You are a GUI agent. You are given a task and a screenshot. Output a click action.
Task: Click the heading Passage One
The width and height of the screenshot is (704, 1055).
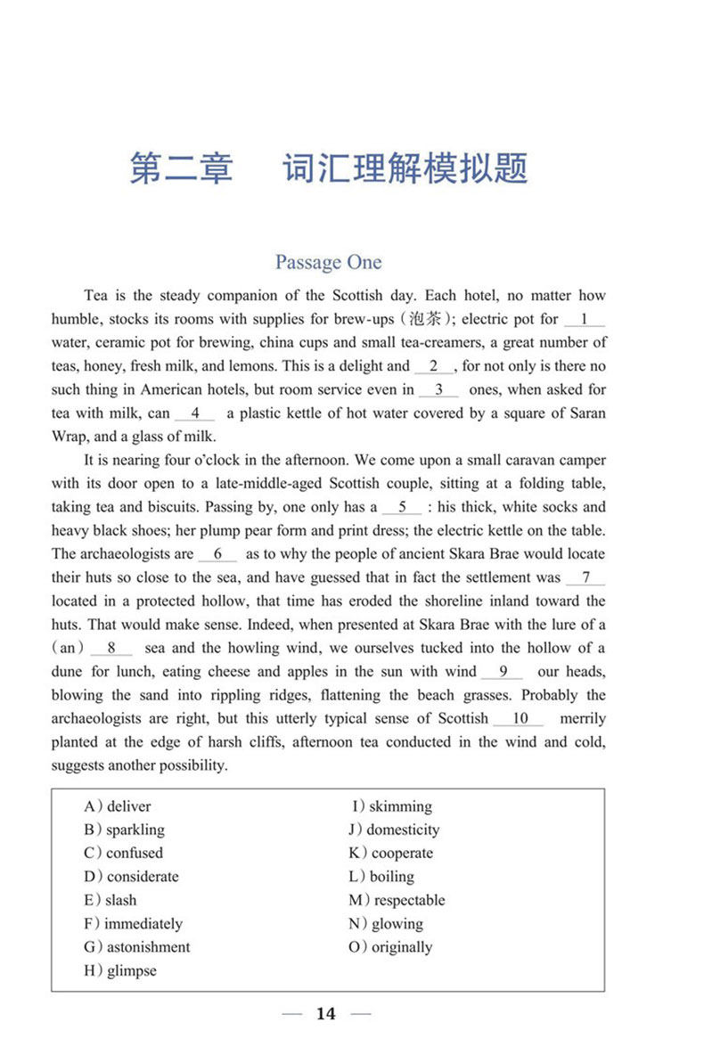(328, 262)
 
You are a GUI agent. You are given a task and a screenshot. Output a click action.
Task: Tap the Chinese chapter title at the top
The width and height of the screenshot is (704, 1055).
(328, 168)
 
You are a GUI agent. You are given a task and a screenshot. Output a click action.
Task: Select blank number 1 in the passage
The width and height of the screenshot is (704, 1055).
(584, 319)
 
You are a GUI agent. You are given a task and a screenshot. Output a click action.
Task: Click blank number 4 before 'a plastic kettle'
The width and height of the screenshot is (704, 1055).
(195, 413)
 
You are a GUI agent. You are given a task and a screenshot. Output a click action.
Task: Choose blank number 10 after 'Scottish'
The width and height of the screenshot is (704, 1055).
(521, 718)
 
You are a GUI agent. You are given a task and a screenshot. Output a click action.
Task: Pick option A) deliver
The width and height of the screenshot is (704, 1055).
(118, 806)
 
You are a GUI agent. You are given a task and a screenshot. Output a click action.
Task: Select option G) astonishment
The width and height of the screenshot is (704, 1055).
(137, 947)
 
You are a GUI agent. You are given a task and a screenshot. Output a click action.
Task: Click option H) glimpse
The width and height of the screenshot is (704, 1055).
(120, 970)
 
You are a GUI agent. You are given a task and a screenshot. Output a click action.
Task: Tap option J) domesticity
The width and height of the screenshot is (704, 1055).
(394, 830)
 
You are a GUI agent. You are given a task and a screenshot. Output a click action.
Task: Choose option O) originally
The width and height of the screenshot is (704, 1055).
(390, 947)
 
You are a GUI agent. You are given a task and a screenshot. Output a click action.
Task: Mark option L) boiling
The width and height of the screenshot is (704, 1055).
(381, 877)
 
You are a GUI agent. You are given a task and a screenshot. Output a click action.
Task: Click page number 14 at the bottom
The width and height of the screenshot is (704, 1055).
(326, 1014)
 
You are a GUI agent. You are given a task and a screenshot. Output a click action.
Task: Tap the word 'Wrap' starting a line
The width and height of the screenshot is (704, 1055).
(70, 437)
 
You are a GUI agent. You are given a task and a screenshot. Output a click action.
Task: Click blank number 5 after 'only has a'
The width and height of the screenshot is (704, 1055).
(402, 507)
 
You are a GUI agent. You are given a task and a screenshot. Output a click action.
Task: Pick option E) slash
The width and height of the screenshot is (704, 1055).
(111, 900)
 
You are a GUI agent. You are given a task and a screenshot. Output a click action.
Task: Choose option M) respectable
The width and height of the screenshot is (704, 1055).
(397, 900)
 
